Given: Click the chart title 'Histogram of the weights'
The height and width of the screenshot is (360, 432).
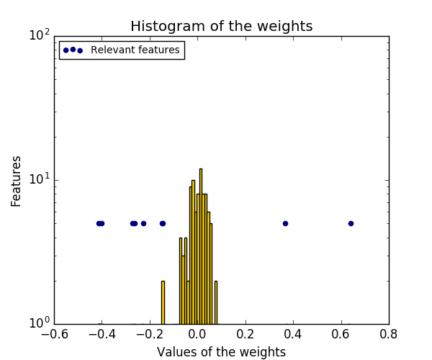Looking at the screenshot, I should [x=221, y=27].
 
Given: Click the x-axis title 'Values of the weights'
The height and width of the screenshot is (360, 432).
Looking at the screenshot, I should [x=221, y=352].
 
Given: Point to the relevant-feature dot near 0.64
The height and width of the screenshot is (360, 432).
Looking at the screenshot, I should [x=351, y=223].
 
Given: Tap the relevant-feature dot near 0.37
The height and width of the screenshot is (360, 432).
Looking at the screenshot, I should [x=285, y=223].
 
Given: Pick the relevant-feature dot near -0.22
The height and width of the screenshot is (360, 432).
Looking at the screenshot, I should [x=143, y=223].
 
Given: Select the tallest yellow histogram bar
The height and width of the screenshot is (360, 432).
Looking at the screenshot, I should [x=200, y=245].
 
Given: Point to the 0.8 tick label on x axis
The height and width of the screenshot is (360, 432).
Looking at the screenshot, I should [x=389, y=336].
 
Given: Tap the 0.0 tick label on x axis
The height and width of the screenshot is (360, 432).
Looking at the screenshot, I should [x=197, y=336].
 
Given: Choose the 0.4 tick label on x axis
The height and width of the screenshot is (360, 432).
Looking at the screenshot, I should [x=293, y=336].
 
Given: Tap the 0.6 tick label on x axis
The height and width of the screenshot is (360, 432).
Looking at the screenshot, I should [x=341, y=336].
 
